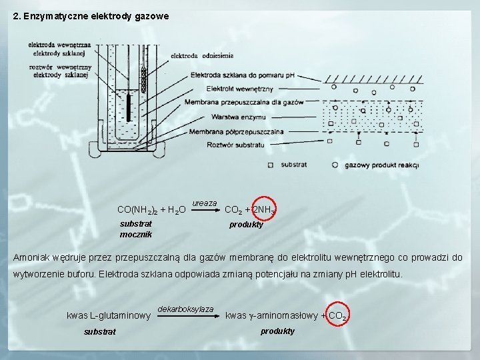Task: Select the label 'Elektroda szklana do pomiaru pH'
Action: pos(243,75)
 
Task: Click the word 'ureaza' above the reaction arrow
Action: pos(205,202)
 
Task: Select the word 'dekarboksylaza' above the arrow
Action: pos(186,309)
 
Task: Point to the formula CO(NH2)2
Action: pos(137,211)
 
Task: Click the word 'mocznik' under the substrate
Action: pos(136,234)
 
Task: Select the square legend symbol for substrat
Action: pos(270,164)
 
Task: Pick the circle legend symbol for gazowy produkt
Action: pos(335,164)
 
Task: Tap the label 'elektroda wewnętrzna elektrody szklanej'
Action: pos(60,49)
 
